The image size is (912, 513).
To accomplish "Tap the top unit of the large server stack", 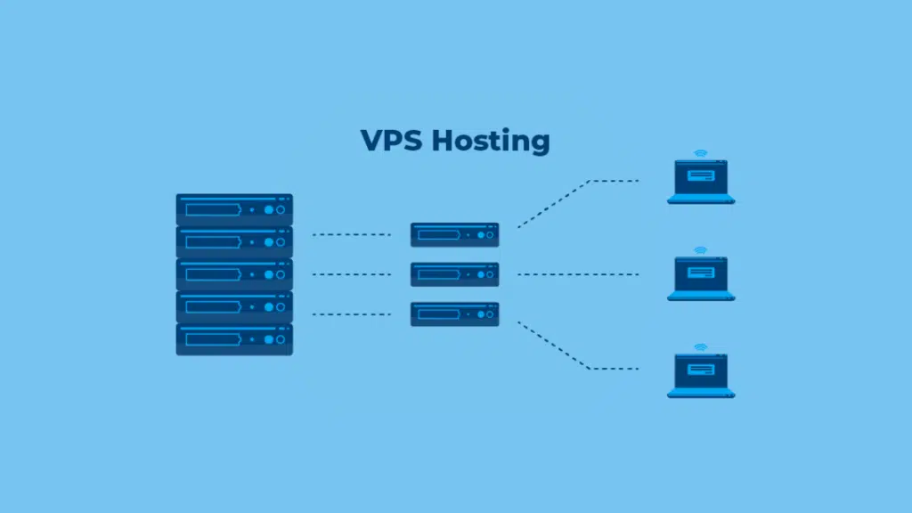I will pyautogui.click(x=234, y=209).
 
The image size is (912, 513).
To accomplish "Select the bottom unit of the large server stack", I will pyautogui.click(x=234, y=339).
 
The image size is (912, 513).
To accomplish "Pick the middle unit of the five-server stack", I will pyautogui.click(x=234, y=274).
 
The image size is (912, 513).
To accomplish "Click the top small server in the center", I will pyautogui.click(x=454, y=234).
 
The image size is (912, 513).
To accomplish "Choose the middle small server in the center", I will pyautogui.click(x=454, y=274).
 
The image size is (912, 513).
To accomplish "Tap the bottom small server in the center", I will pyautogui.click(x=454, y=313).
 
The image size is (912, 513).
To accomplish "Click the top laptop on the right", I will pyautogui.click(x=701, y=182).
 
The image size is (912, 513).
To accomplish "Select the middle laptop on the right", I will pyautogui.click(x=701, y=279).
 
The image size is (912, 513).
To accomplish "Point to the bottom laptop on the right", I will pyautogui.click(x=701, y=376).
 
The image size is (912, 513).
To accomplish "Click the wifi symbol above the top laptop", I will pyautogui.click(x=701, y=153).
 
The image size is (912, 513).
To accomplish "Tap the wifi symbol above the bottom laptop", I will pyautogui.click(x=701, y=346).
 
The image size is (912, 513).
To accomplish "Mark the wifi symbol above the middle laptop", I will pyautogui.click(x=701, y=250).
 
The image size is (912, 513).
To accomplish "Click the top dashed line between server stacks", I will pyautogui.click(x=351, y=235).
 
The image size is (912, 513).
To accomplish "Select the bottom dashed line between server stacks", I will pyautogui.click(x=351, y=313).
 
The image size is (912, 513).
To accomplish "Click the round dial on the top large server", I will pyautogui.click(x=281, y=210).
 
